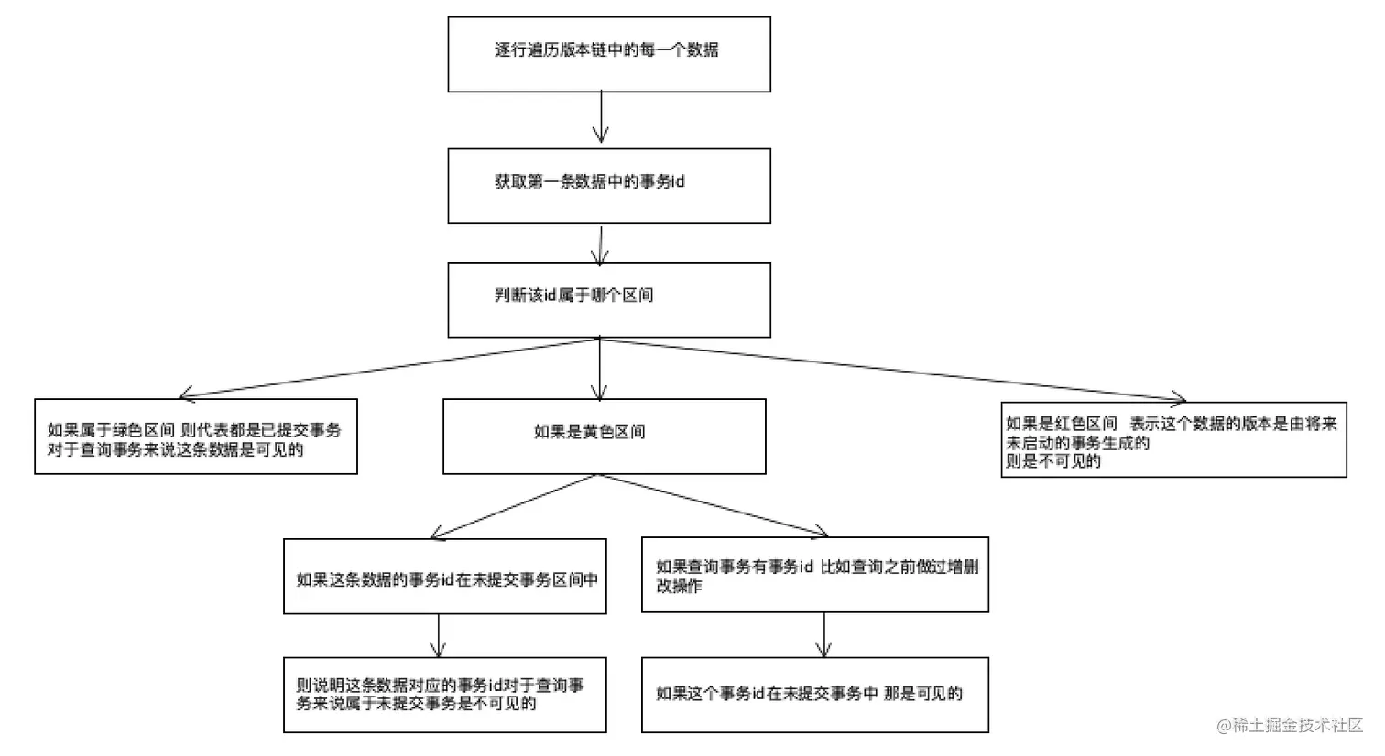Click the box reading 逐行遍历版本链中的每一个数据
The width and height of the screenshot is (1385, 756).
point(608,54)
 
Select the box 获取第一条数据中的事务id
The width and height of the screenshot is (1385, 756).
point(608,186)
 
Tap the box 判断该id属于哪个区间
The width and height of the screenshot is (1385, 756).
point(608,299)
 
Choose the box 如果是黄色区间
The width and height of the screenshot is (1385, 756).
point(604,436)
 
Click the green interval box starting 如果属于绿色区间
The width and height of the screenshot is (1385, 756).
point(195,436)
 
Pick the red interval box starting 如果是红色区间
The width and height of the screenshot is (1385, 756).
point(1173,439)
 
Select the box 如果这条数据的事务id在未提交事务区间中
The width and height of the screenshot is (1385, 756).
point(444,576)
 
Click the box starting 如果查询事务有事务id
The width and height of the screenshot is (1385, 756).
point(814,574)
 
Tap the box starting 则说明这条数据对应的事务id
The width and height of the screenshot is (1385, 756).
point(444,694)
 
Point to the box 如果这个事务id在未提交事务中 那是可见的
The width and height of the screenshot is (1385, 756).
point(814,694)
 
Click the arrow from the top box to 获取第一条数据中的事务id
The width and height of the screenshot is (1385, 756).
point(601,117)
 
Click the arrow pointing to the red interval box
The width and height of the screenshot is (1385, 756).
point(893,369)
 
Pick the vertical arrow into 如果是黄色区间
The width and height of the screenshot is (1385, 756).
point(600,368)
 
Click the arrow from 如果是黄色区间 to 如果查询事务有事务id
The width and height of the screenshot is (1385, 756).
point(713,505)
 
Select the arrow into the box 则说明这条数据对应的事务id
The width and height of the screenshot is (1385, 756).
point(439,635)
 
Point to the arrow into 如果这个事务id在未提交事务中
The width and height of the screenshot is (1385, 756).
point(824,634)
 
